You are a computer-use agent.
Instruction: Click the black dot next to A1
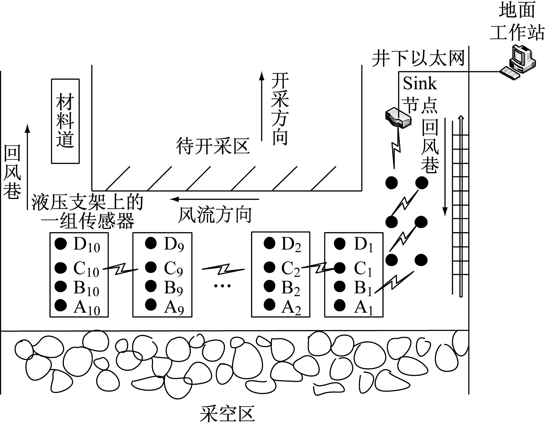pos(340,305)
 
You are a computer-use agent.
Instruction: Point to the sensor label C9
pos(173,268)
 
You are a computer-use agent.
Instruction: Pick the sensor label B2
pos(291,287)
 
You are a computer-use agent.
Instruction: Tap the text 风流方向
pos(215,215)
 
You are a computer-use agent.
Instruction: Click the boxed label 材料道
pos(65,121)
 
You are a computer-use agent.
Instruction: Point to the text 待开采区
pos(213,146)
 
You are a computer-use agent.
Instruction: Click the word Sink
pos(420,84)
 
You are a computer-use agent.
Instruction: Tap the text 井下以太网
pos(418,58)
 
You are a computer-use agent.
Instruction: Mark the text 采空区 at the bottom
pos(227,413)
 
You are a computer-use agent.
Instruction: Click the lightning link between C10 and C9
pos(120,269)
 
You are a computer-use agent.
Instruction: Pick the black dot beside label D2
pos(269,243)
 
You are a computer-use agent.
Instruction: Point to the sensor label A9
pos(174,306)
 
